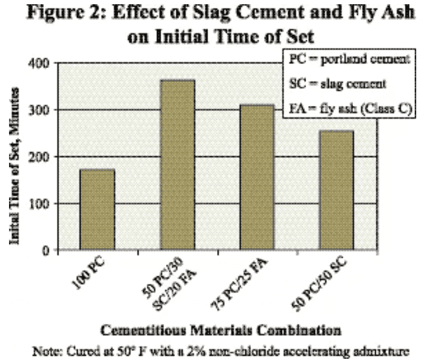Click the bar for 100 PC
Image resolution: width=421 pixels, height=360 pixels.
tap(97, 209)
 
